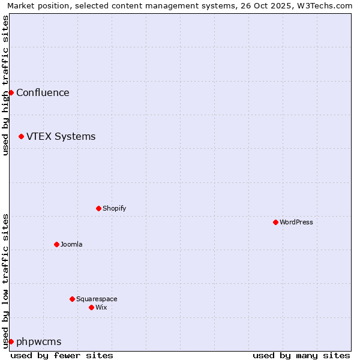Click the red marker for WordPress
click(275, 222)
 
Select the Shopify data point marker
click(98, 208)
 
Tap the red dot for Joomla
click(56, 244)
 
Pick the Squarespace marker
click(72, 299)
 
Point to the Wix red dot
click(91, 307)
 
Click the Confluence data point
click(11, 92)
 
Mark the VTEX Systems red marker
click(21, 136)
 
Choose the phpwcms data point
click(11, 341)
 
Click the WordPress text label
click(296, 222)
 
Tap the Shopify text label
click(114, 208)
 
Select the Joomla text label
click(71, 244)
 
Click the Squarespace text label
click(97, 299)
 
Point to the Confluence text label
click(43, 92)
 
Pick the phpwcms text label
click(39, 341)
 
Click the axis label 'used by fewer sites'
click(62, 355)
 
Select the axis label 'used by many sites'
click(301, 355)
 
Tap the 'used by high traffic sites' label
click(5, 85)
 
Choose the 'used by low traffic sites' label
click(5, 280)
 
